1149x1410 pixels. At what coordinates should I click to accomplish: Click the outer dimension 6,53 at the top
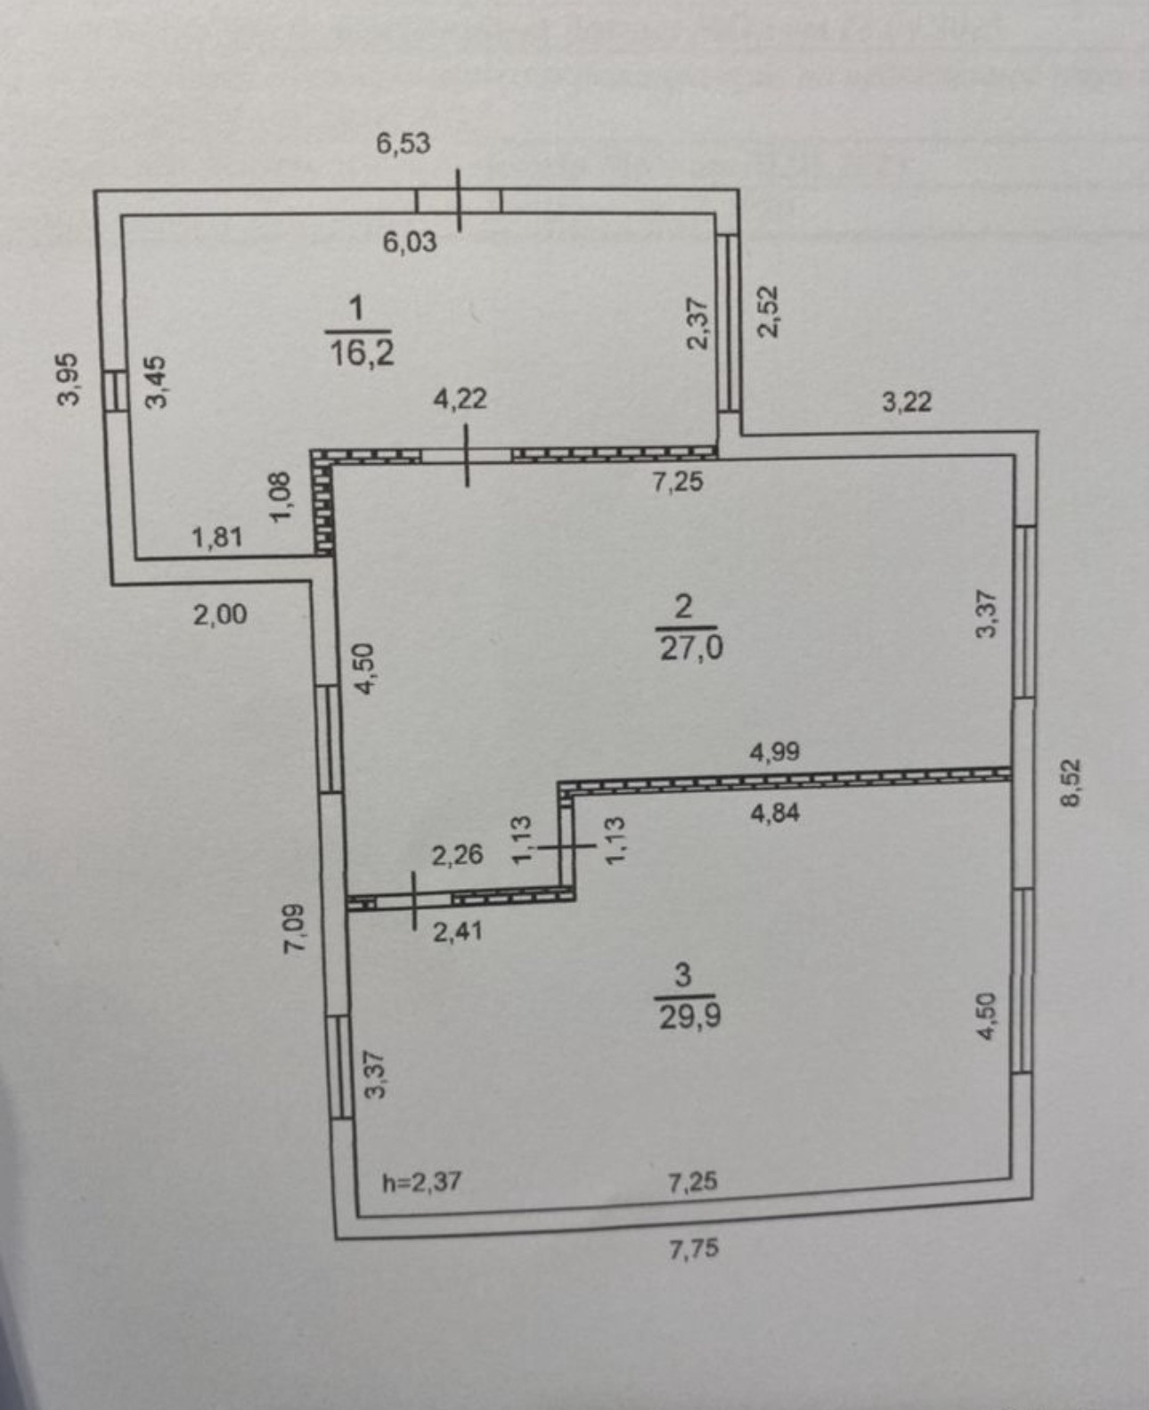(403, 143)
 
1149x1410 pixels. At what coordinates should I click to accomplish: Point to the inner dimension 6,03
(410, 241)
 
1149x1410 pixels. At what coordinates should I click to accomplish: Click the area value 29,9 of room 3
(689, 1016)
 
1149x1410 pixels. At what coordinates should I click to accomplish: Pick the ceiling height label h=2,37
(422, 1182)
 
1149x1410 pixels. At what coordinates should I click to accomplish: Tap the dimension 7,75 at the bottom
(693, 1249)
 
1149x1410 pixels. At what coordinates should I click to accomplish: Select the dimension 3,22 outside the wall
(907, 402)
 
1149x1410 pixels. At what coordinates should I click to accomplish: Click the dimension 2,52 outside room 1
(768, 311)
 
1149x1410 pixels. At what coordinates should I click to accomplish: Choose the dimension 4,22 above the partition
(460, 398)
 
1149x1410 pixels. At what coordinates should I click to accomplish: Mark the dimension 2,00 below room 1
(220, 614)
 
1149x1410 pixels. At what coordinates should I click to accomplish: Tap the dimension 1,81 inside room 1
(216, 537)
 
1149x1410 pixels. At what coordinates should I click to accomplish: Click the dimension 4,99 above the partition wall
(774, 753)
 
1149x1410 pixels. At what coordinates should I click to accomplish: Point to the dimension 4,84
(774, 812)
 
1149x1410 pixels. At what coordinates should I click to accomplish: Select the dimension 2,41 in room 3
(457, 932)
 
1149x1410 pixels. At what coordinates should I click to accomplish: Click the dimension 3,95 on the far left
(69, 379)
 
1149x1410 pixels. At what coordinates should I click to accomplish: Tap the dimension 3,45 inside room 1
(156, 381)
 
